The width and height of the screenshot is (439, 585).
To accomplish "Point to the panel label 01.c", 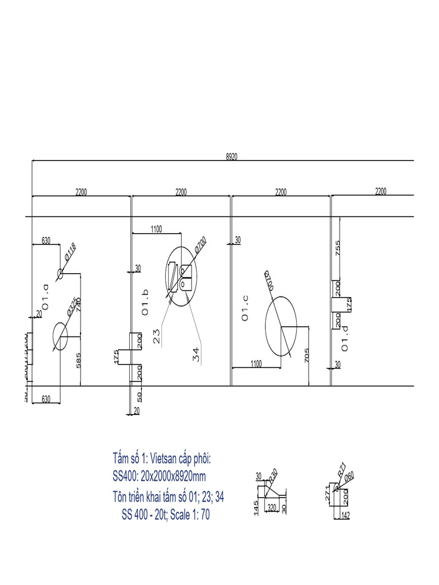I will (245, 308).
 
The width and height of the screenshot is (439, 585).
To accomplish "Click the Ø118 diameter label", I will (70, 252).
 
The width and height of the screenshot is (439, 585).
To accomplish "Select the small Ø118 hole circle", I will (59, 274).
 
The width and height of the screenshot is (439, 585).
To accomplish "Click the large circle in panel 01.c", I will (281, 326).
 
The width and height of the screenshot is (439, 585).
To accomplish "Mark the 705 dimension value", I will (307, 355).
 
